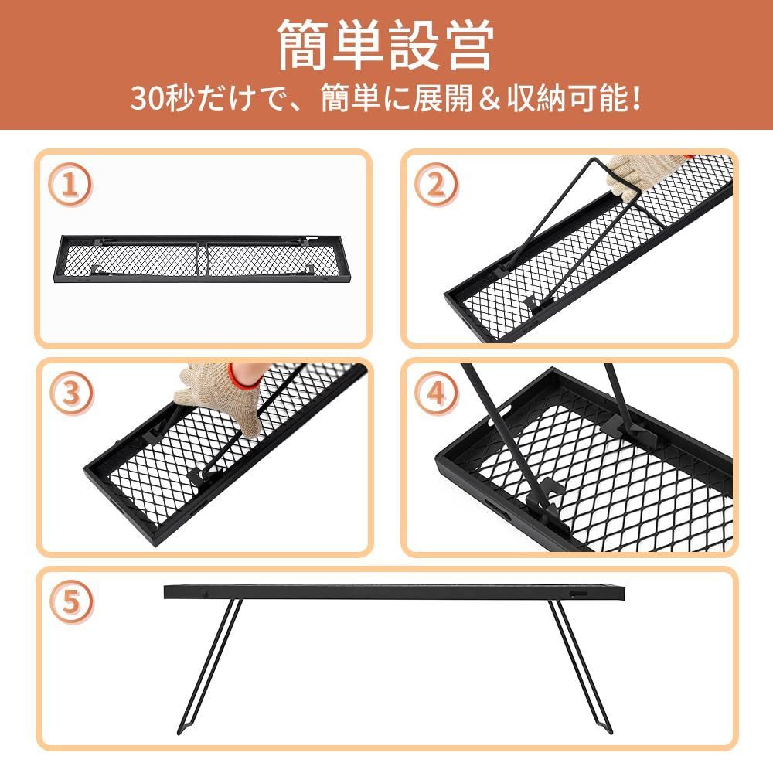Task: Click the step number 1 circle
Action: [71, 186]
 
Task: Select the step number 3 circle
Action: [71, 393]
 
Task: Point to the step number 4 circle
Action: [436, 394]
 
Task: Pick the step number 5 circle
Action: [71, 603]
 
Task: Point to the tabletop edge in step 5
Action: [394, 592]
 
